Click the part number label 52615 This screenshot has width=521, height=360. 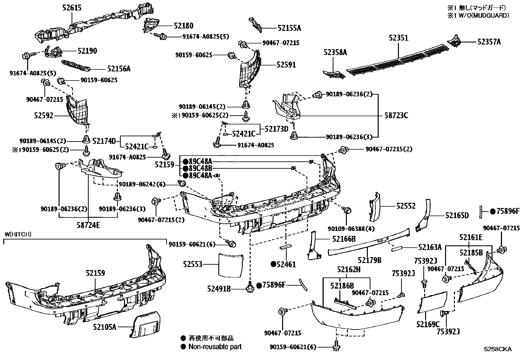[x=72, y=8]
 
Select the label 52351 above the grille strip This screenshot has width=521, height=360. [x=399, y=38]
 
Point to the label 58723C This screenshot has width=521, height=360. [x=396, y=116]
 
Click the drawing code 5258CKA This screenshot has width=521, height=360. [x=498, y=349]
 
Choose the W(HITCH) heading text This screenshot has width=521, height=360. [x=18, y=234]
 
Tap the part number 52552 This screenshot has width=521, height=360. [x=406, y=206]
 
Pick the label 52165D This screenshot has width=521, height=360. [x=457, y=215]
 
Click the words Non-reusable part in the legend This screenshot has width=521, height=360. [x=215, y=347]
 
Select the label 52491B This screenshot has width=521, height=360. [x=219, y=289]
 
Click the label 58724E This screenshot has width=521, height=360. [x=89, y=226]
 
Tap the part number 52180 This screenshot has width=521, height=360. [x=184, y=26]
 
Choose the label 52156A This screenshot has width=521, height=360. [x=119, y=68]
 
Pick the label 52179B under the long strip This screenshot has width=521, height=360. [x=369, y=260]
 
